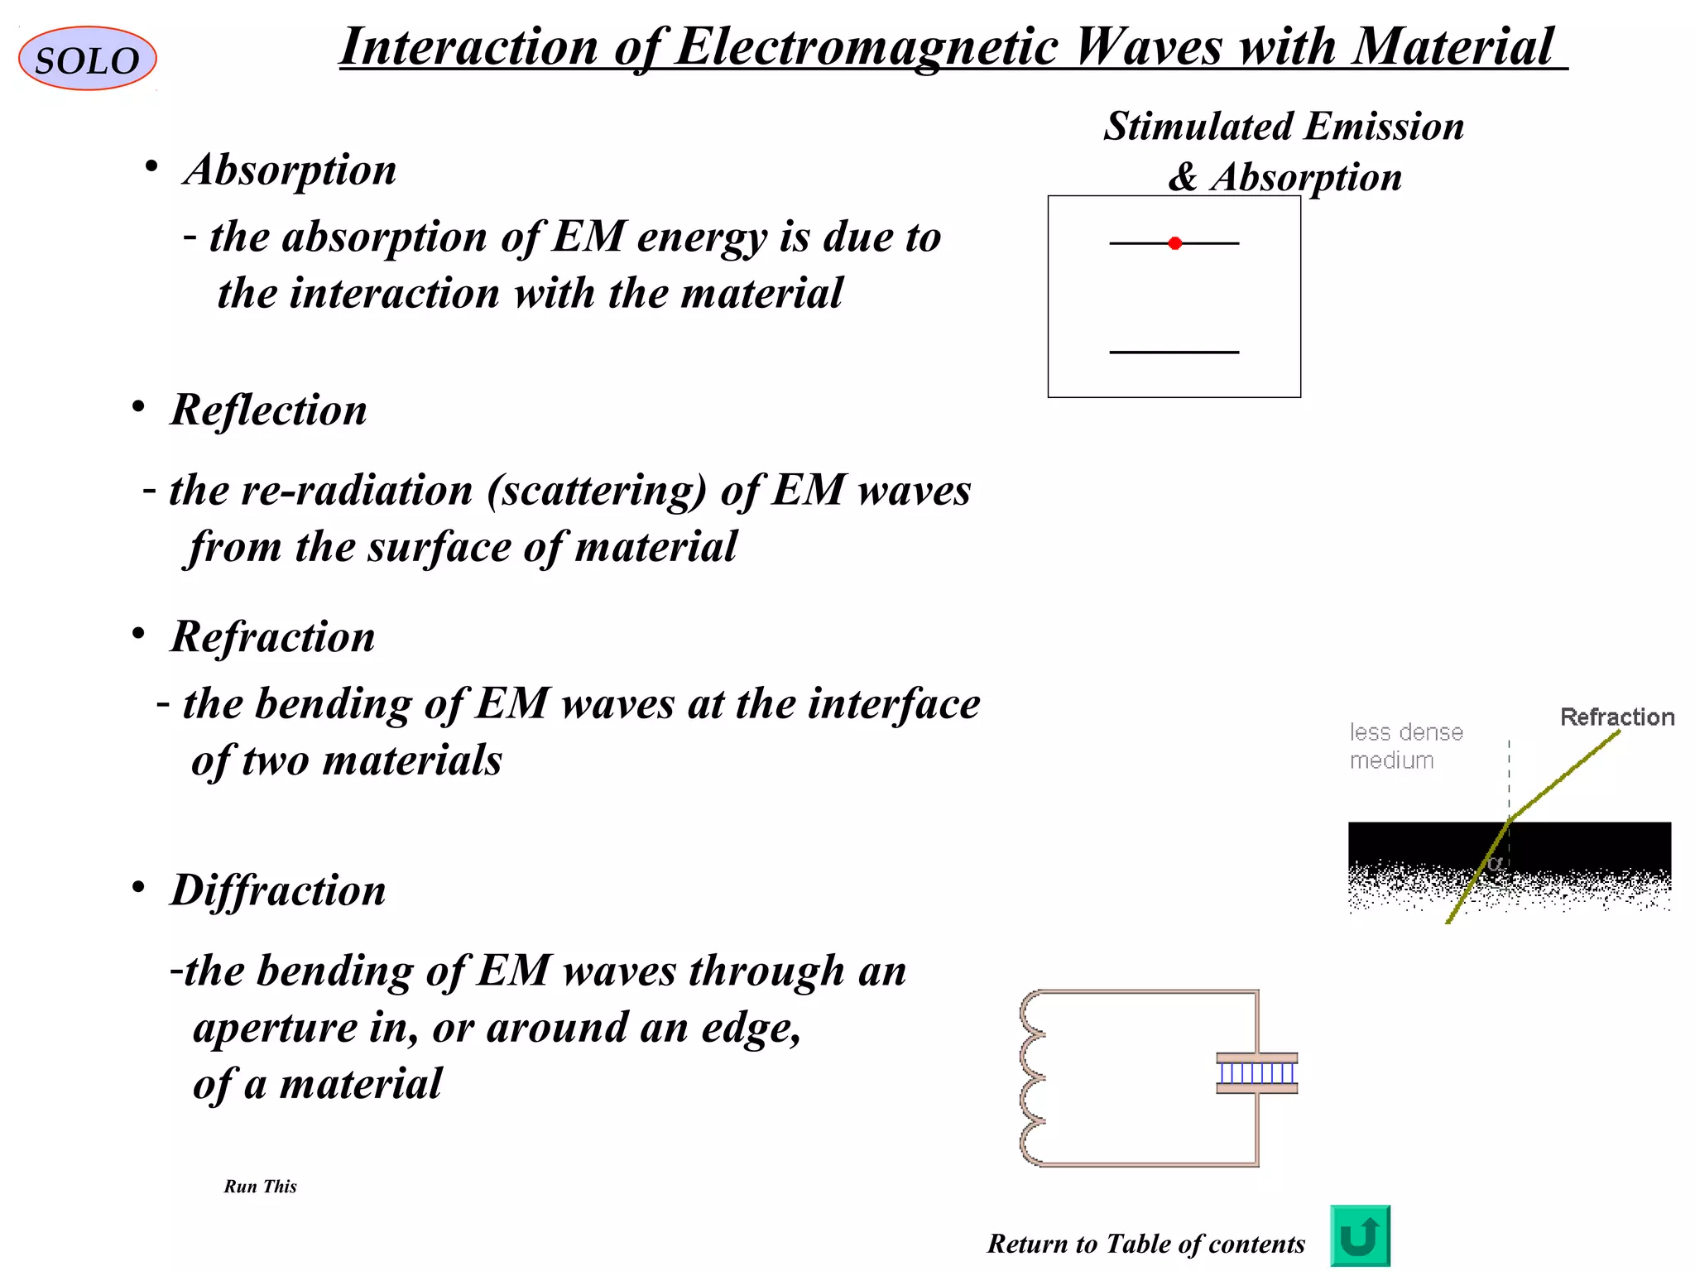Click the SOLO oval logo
pos(87,59)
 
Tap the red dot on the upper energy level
pos(1174,243)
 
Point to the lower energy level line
pos(1174,353)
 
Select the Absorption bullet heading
pos(290,170)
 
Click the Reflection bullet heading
pos(268,410)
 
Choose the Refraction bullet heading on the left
pos(272,636)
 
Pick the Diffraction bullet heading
pos(278,890)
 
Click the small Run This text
pos(260,1187)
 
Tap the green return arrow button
pos(1360,1235)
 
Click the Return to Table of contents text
pos(1145,1244)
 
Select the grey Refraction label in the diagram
pos(1616,717)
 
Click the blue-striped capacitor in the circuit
pos(1256,1073)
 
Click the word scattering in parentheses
pos(597,490)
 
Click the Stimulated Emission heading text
pos(1284,127)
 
